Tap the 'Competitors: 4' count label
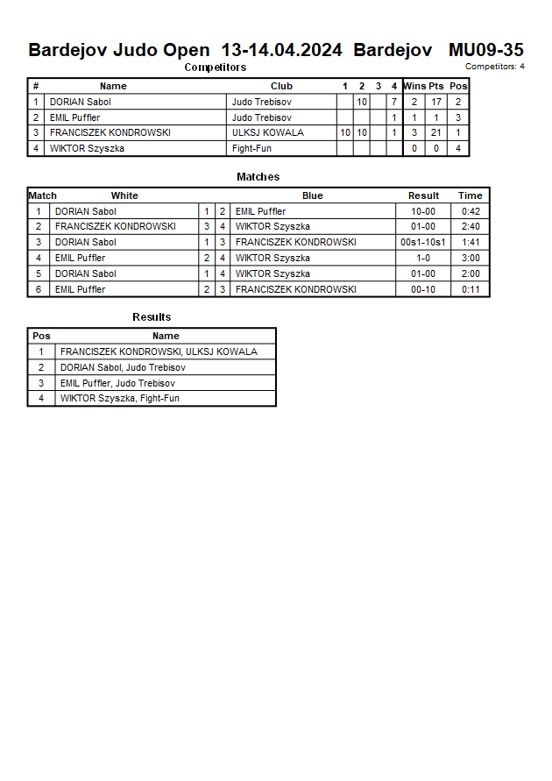tap(494, 67)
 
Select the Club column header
tap(281, 86)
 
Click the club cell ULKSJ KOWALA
tap(268, 132)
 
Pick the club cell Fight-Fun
tap(251, 148)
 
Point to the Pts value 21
tap(436, 132)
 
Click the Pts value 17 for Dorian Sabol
tap(436, 102)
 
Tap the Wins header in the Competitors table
tap(414, 86)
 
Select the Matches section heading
tap(258, 177)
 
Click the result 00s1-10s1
tap(423, 242)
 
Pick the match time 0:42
tap(471, 211)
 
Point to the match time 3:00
tap(471, 258)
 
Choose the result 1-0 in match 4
tap(423, 258)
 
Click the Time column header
tap(471, 195)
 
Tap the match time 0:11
tap(471, 289)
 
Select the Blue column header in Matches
tap(312, 195)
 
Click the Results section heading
tap(152, 317)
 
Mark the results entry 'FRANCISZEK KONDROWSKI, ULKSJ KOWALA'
tap(159, 351)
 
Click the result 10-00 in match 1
tap(423, 211)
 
